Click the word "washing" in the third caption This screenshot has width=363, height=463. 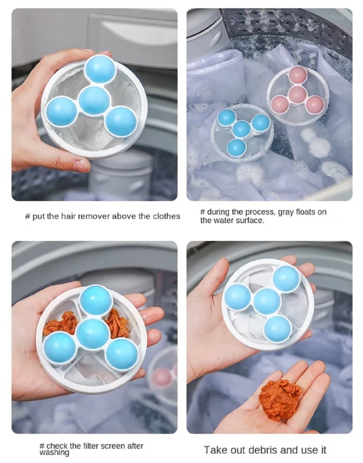point(54,453)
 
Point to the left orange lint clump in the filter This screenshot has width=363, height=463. point(61,324)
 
